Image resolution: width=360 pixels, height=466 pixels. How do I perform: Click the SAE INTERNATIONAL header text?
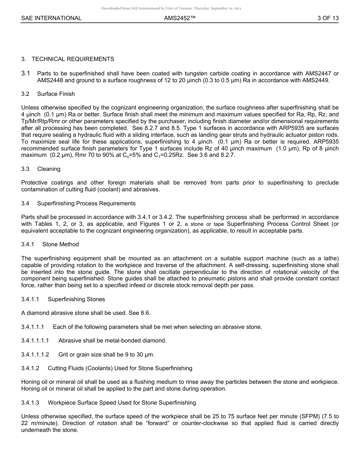[x=51, y=18]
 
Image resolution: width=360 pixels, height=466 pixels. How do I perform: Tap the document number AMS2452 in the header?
[x=180, y=18]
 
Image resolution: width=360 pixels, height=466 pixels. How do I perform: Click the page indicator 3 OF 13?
[x=328, y=18]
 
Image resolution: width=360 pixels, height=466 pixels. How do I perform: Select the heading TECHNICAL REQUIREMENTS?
[x=73, y=59]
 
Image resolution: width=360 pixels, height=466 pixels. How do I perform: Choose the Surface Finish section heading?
[x=56, y=94]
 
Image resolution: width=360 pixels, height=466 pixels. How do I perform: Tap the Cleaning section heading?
[x=49, y=169]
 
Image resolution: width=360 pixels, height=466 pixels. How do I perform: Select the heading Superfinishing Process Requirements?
[x=86, y=203]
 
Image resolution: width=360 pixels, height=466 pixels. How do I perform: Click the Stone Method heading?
[x=61, y=244]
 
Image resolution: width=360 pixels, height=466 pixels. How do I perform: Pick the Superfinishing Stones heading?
[x=76, y=299]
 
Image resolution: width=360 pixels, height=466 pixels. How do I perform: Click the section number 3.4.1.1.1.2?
[x=35, y=355]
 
